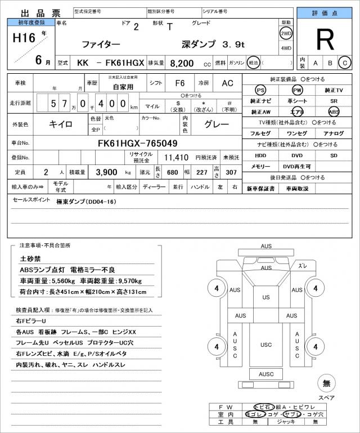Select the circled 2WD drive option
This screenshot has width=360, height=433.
(286, 33)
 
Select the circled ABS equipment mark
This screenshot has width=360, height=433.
(334, 111)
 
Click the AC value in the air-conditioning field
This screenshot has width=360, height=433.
(227, 83)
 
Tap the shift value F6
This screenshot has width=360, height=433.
(179, 83)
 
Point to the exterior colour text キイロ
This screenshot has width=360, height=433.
(60, 124)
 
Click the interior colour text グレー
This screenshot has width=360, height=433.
(216, 124)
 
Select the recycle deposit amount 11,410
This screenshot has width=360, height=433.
(175, 157)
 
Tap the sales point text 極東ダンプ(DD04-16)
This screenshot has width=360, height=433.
(86, 202)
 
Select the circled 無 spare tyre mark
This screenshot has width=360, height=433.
(326, 383)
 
